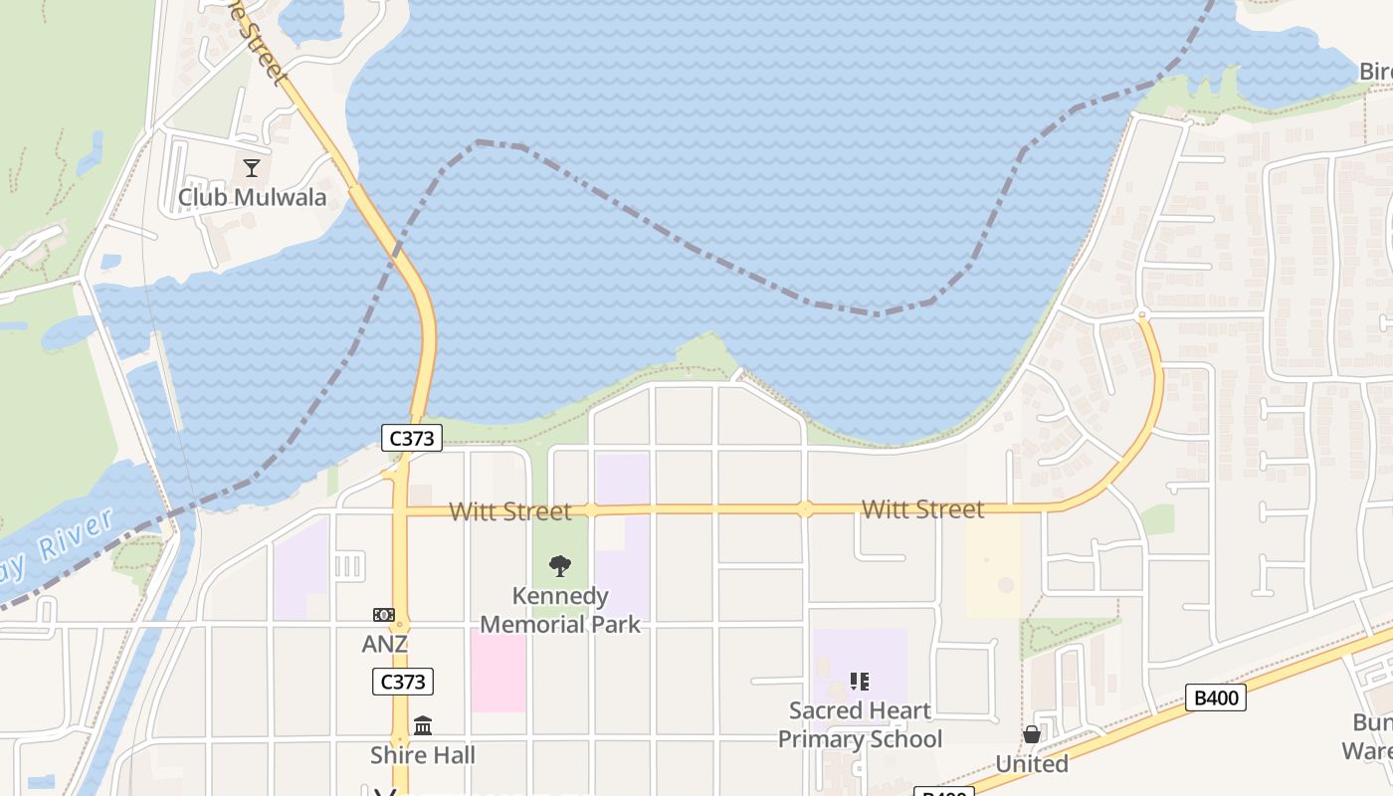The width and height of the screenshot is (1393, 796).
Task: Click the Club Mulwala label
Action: point(252,197)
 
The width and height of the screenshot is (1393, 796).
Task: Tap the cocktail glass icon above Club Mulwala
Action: point(252,168)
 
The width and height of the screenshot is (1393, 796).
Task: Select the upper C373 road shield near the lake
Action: point(411,437)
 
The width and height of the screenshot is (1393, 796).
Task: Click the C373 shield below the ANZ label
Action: point(403,682)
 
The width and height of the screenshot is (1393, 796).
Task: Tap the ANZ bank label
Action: point(384,644)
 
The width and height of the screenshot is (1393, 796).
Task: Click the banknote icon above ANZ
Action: point(384,615)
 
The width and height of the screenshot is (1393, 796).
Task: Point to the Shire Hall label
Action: point(423,755)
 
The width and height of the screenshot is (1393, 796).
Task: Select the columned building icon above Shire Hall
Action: point(423,725)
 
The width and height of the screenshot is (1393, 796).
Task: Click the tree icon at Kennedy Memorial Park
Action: point(560,566)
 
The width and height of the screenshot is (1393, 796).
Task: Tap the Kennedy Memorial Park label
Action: point(560,610)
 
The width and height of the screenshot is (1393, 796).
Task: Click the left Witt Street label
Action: point(510,511)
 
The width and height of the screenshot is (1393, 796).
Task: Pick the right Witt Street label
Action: point(922,509)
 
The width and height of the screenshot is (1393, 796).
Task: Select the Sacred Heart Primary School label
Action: point(860,724)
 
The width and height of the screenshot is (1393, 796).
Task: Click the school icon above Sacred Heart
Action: point(860,682)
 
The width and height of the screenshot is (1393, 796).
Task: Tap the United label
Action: point(1032,764)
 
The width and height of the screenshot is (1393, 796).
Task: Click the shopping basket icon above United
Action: point(1032,734)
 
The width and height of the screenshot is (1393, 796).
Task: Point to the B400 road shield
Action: point(1216,697)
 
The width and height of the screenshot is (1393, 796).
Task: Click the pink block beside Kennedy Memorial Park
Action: point(497,672)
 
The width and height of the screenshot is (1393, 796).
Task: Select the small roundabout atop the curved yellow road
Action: point(1142,315)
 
